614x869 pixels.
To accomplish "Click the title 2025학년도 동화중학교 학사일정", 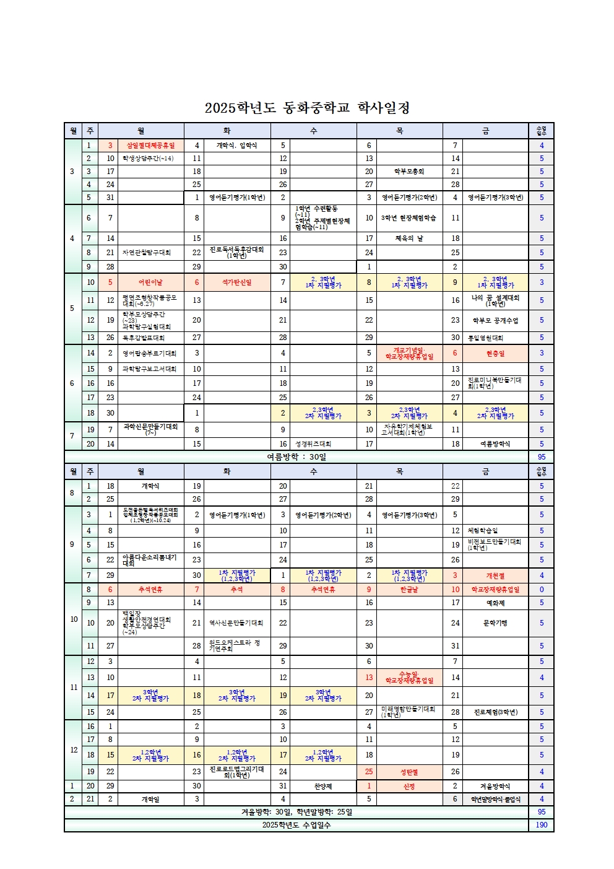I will click(307, 108).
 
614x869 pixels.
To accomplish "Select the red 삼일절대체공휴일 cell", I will click(150, 146).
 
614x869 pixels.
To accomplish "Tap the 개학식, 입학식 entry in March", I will click(236, 146).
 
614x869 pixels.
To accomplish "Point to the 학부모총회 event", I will click(409, 172).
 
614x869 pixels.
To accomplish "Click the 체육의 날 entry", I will click(409, 238).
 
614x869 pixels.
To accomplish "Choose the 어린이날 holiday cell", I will click(150, 282).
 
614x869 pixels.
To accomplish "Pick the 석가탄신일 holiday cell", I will click(236, 282).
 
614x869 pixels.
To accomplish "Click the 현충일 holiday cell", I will click(495, 353).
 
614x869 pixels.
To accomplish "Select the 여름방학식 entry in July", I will click(495, 444).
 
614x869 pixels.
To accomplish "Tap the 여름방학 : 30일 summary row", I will click(296, 457).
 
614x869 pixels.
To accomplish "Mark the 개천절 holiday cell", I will click(495, 575).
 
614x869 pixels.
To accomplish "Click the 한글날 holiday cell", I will click(409, 590).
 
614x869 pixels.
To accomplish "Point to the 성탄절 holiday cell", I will click(409, 772).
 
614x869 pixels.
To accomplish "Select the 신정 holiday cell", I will click(409, 786).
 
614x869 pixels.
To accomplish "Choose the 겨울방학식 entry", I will click(495, 786).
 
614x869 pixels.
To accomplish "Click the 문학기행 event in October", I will click(495, 623).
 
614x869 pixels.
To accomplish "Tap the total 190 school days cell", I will click(541, 825).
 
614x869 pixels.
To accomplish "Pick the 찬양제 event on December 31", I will click(323, 786).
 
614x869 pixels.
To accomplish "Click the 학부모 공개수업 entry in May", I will click(495, 320).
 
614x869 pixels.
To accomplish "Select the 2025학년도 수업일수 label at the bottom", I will click(296, 825).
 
